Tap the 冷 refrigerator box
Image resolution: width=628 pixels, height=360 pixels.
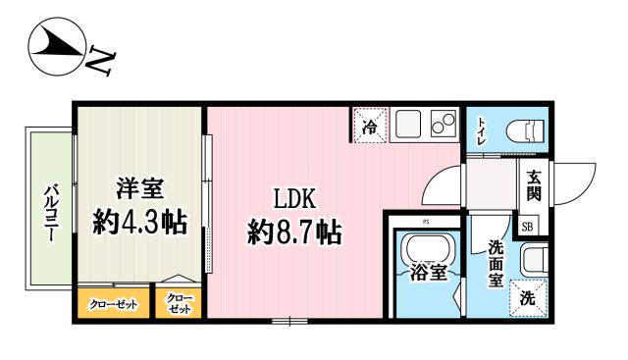(370, 126)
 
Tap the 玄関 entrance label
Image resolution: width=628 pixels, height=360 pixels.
(533, 183)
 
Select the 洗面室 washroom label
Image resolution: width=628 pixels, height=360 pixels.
(497, 264)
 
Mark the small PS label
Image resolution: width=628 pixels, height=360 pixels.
(427, 222)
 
